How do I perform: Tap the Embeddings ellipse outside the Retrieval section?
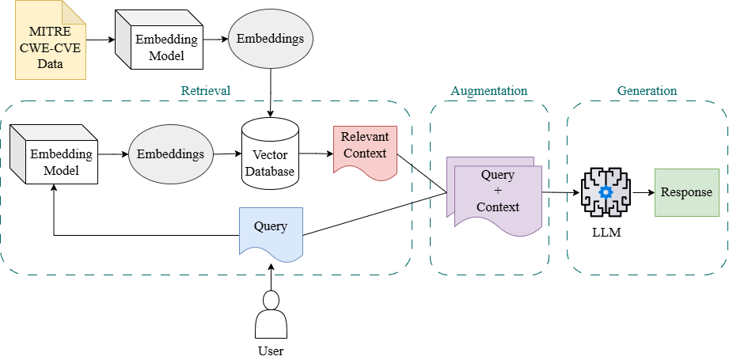coord(271,38)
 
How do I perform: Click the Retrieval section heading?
coord(206,90)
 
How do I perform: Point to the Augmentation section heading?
coord(488,90)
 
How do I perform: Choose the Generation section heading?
coord(647,90)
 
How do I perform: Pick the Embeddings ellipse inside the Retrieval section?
coord(171,153)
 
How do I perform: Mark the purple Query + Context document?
coord(497,194)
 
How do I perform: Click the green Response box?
coord(686,192)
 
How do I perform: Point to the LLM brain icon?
coord(606,193)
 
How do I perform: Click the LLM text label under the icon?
coord(606,233)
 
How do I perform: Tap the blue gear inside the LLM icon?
coord(606,192)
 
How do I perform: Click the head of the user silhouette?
coord(271,300)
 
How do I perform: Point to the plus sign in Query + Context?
coord(497,191)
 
